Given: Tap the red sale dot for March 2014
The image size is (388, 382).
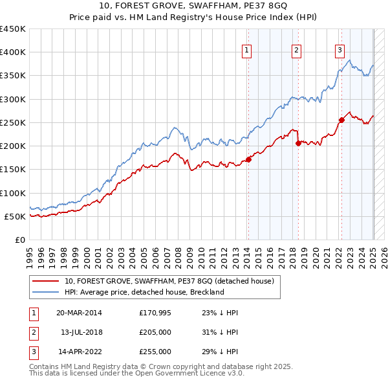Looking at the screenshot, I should [x=248, y=160].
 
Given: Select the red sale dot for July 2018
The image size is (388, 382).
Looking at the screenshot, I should [x=298, y=144].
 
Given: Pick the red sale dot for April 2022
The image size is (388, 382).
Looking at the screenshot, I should [x=341, y=120].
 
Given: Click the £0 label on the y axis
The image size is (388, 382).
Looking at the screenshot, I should [x=19, y=240].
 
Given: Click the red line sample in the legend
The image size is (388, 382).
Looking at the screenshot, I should [x=45, y=281].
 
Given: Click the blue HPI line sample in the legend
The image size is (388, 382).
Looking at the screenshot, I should [x=45, y=292].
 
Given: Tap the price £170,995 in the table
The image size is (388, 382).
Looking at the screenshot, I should [x=155, y=313].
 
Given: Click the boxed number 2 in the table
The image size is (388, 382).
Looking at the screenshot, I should [x=32, y=332].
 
